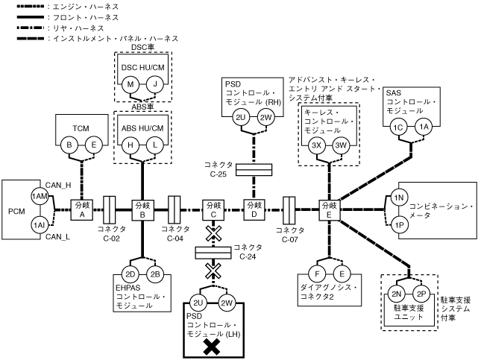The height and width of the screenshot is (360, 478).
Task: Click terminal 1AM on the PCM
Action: pyautogui.click(x=40, y=196)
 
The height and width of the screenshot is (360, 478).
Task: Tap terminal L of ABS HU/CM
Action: pyautogui.click(x=155, y=145)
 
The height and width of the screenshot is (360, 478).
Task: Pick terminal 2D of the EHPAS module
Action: pyautogui.click(x=130, y=274)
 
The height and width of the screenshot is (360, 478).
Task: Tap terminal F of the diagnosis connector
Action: pyautogui.click(x=319, y=273)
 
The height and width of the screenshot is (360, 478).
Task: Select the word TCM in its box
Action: pyautogui.click(x=81, y=128)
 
